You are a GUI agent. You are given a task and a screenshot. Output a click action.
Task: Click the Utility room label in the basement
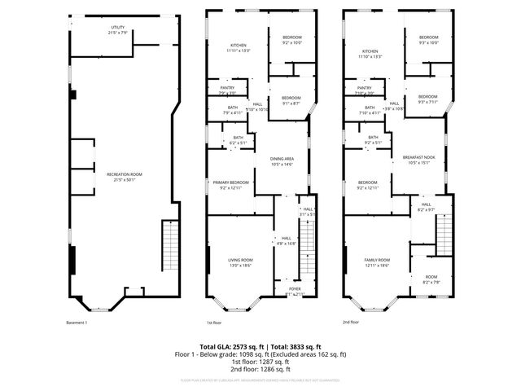(x=118, y=30)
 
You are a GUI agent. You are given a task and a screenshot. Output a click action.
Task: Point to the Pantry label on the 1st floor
(x=227, y=91)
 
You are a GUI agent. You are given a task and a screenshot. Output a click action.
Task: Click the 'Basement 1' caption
(x=76, y=323)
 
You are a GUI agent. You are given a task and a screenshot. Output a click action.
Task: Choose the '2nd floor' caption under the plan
(x=351, y=323)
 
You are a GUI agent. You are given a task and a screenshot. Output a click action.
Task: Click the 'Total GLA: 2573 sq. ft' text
(x=232, y=347)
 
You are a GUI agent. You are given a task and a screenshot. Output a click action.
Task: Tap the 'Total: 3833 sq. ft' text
(x=291, y=347)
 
